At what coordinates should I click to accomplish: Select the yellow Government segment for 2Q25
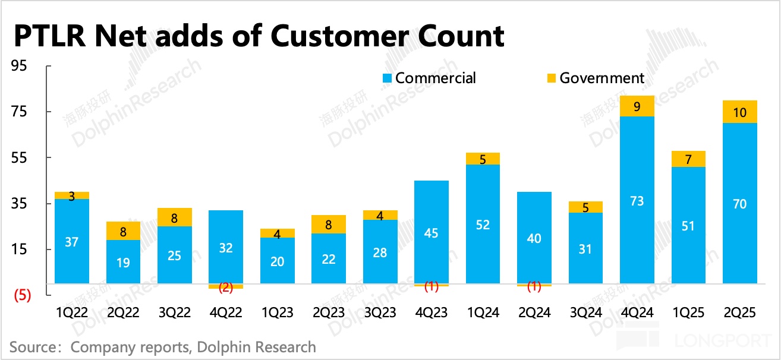[740, 112]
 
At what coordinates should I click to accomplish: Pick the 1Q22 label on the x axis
[71, 313]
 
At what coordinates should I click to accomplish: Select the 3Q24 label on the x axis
[585, 313]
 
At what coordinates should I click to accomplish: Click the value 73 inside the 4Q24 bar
[637, 201]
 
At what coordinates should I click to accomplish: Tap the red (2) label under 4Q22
[226, 288]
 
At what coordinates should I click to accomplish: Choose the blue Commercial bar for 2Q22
[123, 261]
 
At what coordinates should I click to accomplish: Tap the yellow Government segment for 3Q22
[174, 217]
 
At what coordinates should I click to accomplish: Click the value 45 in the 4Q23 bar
[431, 233]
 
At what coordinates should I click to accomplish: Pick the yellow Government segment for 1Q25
[688, 159]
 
